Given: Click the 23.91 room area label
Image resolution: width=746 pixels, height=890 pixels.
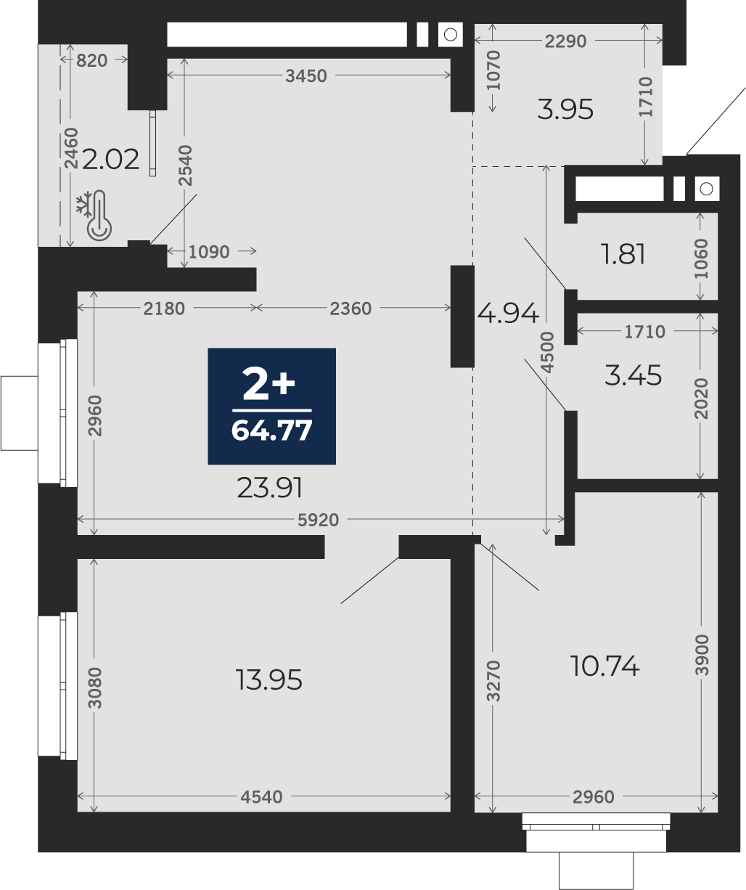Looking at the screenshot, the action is [x=270, y=488].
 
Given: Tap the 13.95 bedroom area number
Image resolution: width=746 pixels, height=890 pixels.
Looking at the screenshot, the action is [x=269, y=680].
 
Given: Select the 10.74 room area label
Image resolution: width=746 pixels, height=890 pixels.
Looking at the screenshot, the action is [x=604, y=666].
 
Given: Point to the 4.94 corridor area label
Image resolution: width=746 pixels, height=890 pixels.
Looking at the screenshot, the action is [x=508, y=314].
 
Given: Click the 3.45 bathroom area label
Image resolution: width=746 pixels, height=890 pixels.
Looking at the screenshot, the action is [x=633, y=375].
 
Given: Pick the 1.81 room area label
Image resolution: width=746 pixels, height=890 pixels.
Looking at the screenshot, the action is [x=623, y=255].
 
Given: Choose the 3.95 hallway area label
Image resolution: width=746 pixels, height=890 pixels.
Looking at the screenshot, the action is [x=565, y=110].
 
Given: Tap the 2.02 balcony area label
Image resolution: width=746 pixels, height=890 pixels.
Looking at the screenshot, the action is [x=110, y=160].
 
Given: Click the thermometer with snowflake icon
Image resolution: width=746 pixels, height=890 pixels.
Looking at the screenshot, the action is [x=94, y=216].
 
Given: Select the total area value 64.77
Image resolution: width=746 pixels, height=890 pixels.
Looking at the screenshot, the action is [x=272, y=430].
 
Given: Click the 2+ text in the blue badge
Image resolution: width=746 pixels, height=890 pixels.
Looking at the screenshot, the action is [x=269, y=385].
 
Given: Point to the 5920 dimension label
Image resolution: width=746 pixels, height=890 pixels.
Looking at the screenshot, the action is [x=319, y=520].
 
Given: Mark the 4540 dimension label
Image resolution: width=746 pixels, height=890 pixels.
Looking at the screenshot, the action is [x=261, y=796].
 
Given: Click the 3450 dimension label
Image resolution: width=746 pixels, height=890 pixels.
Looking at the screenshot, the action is [x=306, y=76].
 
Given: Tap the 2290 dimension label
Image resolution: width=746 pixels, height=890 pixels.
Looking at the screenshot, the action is [x=566, y=41].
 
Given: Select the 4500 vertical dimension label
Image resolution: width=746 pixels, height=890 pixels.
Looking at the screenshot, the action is [x=547, y=352].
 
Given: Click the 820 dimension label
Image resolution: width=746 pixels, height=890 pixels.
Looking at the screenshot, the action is [x=92, y=61].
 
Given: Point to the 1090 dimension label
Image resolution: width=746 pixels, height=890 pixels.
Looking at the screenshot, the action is [x=209, y=252].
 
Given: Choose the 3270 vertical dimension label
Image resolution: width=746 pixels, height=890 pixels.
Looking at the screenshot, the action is [x=493, y=680].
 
